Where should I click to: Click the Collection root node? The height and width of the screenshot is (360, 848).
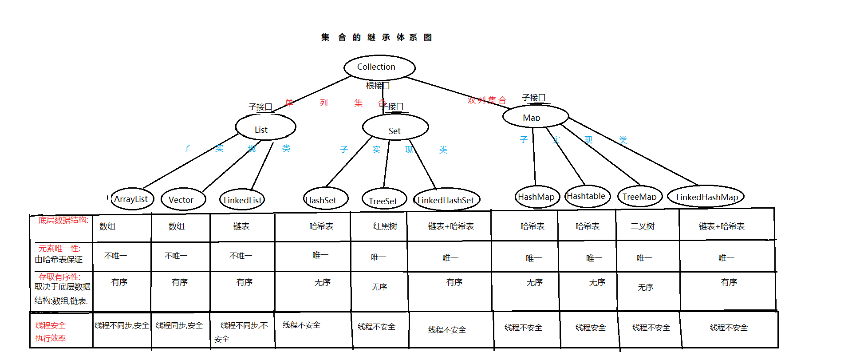click(379, 68)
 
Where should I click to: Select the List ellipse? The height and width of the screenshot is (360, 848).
click(265, 127)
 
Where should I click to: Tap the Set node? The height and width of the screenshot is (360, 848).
click(395, 127)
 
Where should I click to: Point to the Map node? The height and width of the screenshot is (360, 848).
click(536, 116)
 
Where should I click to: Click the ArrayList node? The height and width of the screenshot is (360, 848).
click(132, 199)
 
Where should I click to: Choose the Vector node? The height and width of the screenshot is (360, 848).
click(183, 199)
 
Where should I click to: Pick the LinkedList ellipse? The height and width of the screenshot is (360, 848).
click(242, 200)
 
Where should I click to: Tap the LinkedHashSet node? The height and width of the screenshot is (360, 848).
click(446, 199)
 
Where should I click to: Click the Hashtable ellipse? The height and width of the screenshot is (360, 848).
click(588, 196)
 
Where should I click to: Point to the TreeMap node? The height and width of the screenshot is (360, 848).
click(639, 196)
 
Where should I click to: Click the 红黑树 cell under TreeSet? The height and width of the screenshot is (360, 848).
click(385, 226)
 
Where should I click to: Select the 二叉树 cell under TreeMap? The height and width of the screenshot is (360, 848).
click(643, 226)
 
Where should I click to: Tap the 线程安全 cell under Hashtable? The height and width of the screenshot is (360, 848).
click(591, 328)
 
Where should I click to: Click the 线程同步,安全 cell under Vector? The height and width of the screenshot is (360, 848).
click(179, 325)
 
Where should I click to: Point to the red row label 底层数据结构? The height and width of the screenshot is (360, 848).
click(63, 220)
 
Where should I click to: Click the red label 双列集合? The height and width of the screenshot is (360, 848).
click(487, 100)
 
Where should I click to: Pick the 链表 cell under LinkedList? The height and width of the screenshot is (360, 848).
click(241, 226)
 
